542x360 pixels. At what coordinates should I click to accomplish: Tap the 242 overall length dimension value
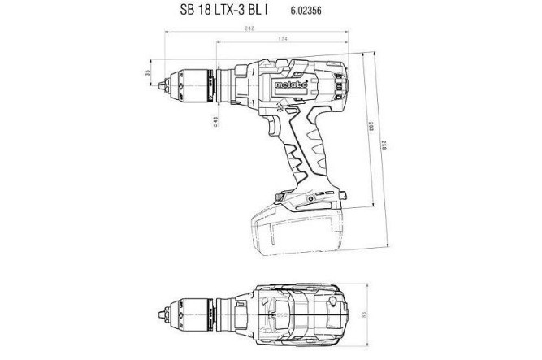coord(248,29)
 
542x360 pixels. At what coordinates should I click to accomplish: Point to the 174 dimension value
coord(280,40)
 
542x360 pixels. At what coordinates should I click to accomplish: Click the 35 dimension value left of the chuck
coord(148,73)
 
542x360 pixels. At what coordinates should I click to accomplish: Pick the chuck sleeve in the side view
coord(195,82)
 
